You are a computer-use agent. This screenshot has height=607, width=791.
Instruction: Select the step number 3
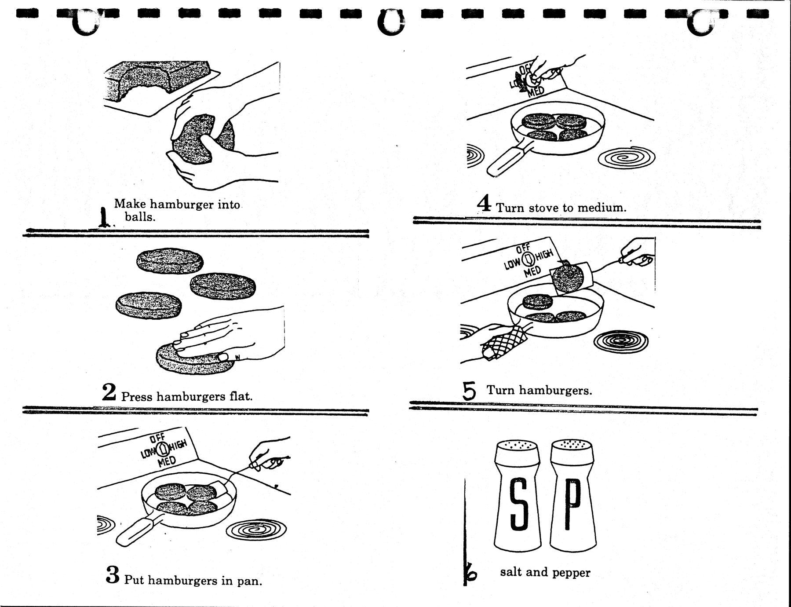click(x=113, y=575)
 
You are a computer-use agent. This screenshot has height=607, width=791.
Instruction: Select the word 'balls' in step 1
click(x=140, y=217)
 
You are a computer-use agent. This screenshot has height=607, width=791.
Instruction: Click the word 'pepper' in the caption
click(x=571, y=572)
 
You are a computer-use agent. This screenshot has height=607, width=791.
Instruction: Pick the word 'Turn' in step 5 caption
click(x=501, y=390)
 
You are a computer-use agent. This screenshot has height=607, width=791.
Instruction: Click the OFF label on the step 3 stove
click(x=157, y=439)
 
